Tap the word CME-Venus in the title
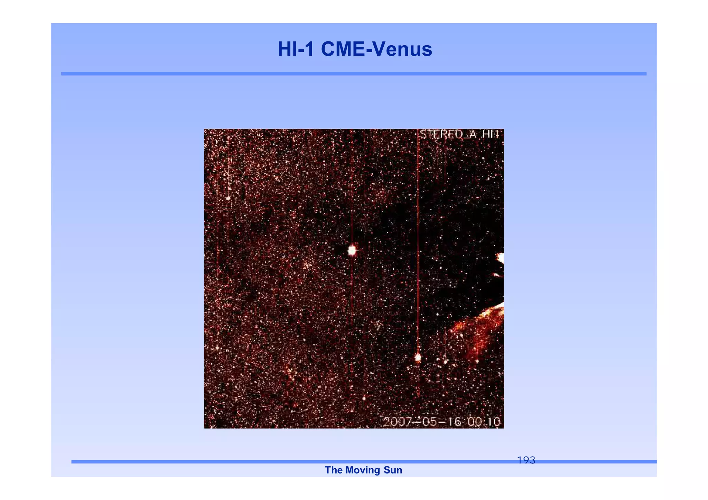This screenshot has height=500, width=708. [x=376, y=49]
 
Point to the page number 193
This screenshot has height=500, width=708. [x=526, y=460]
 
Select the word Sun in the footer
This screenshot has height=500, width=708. [x=393, y=470]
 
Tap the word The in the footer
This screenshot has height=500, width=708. [x=333, y=470]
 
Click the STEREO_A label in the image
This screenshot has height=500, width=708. [x=448, y=134]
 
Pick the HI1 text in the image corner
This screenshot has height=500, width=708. [x=491, y=134]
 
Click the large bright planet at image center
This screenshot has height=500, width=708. [x=352, y=250]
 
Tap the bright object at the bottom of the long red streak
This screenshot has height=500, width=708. [x=418, y=357]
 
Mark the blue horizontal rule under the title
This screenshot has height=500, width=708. [x=354, y=74]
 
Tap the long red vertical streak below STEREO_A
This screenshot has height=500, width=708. [x=418, y=242]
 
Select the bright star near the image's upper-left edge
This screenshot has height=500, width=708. [x=228, y=198]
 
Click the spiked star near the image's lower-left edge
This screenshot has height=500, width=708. [x=217, y=348]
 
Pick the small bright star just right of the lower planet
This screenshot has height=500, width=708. [x=445, y=362]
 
